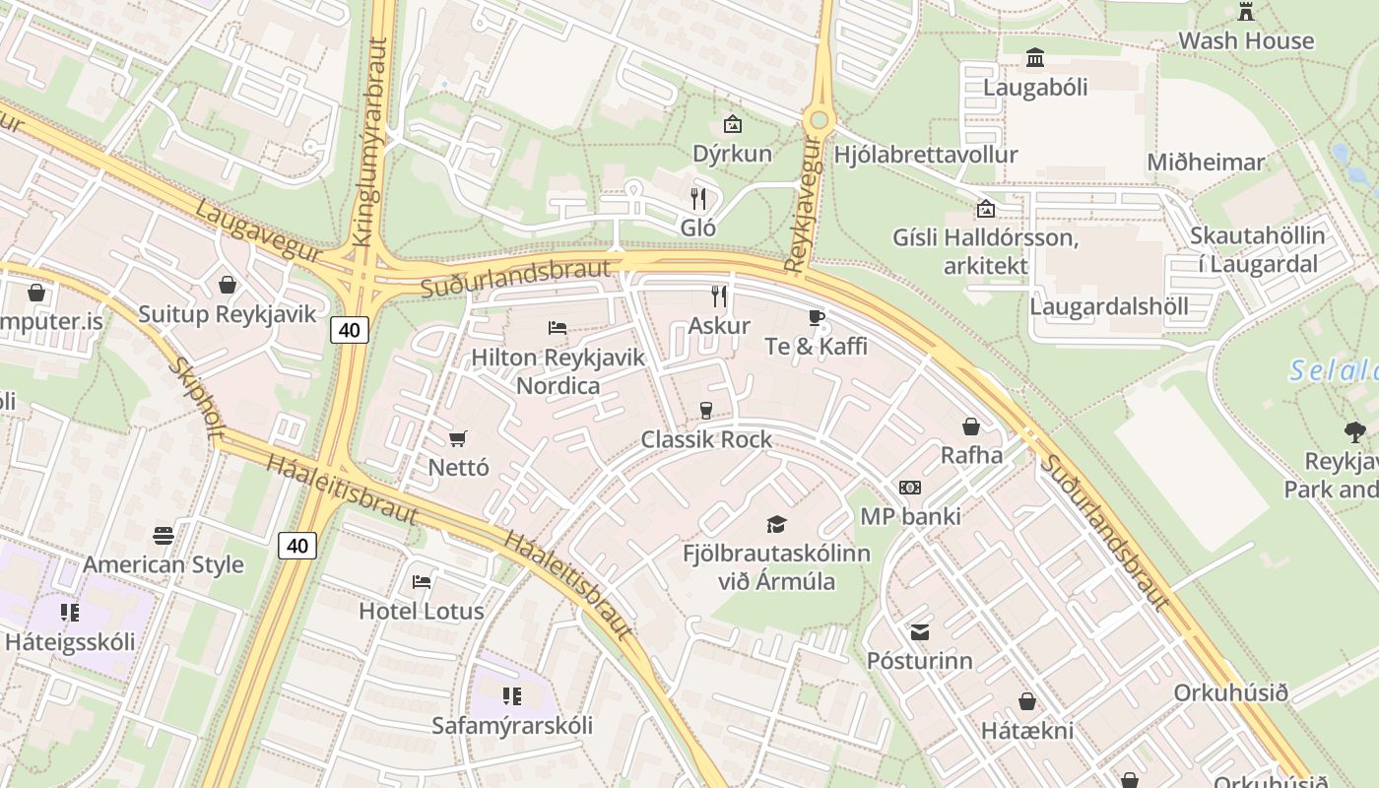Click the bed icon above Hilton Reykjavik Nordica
point(558,327)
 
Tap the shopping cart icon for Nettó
point(457,438)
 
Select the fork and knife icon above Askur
point(719,295)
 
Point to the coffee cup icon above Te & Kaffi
point(816,316)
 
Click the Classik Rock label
point(706,439)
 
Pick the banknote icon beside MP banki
point(910,488)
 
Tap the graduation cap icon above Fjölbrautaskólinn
point(777,524)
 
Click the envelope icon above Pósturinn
point(919,631)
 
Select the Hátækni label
point(1027,731)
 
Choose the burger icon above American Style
point(164,535)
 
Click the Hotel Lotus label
point(422,611)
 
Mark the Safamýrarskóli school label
point(512,726)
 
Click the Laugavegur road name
point(258,231)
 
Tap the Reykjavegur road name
point(803,205)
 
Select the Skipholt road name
point(196,400)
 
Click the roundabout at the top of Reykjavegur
point(818,121)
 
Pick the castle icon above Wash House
point(1246,12)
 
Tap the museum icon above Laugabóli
point(1035,58)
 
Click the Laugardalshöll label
point(1109,306)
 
